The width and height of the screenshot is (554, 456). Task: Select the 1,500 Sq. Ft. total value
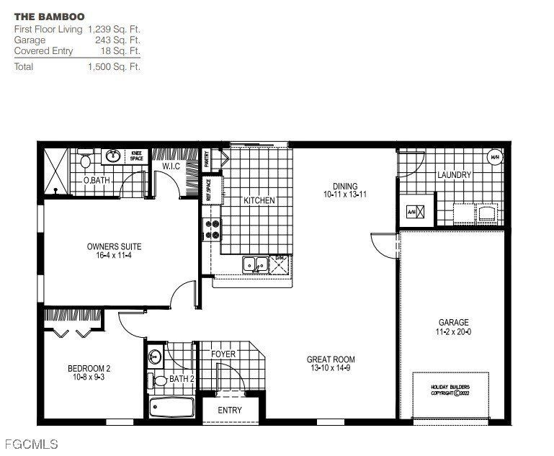[114, 66]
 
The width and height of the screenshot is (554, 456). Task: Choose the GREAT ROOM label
[331, 359]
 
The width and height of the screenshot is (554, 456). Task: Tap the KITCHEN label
[259, 200]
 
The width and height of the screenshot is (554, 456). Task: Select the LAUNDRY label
[454, 175]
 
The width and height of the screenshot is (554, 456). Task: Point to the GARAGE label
[454, 323]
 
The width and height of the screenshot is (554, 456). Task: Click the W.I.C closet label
[171, 166]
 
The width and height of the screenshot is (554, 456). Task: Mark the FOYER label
[223, 354]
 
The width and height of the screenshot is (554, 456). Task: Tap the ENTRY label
[230, 410]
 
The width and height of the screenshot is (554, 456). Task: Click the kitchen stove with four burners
[213, 229]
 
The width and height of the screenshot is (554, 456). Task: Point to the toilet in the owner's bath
[85, 157]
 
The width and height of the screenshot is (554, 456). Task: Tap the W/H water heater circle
[495, 157]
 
